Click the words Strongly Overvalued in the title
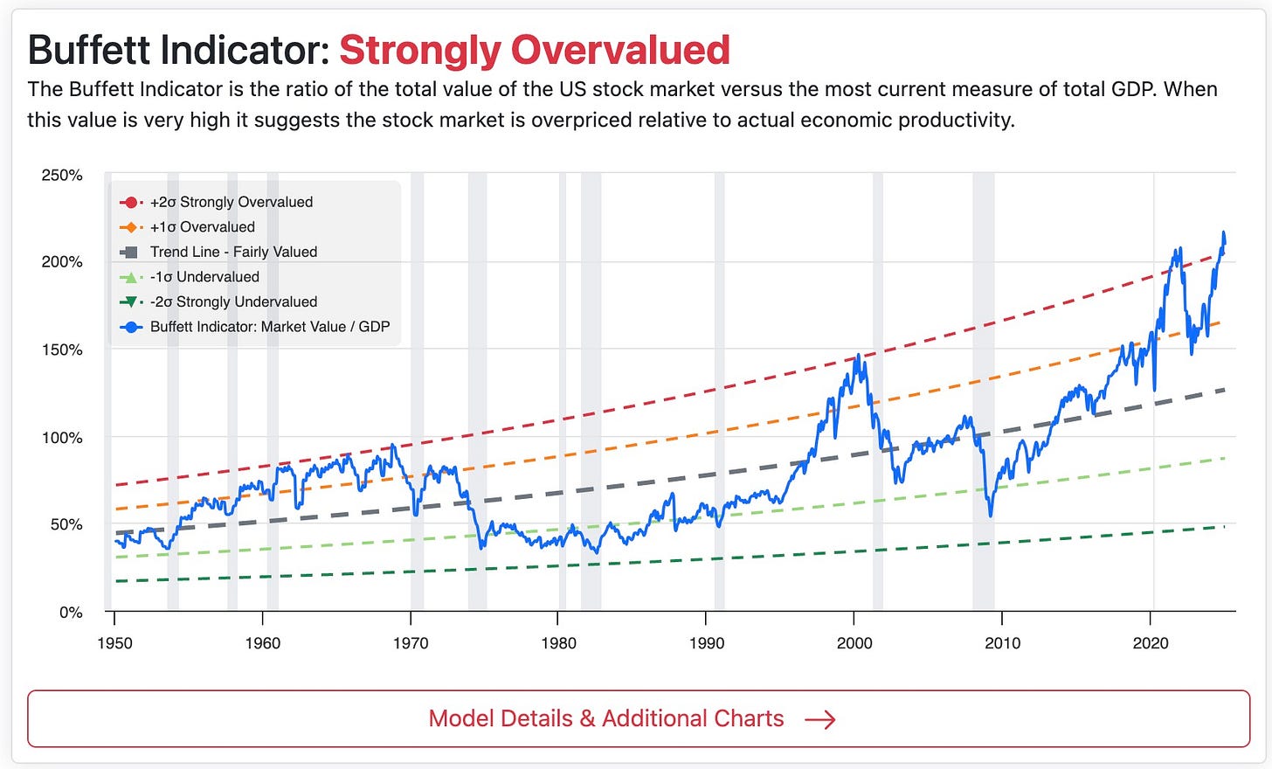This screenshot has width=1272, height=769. (x=534, y=50)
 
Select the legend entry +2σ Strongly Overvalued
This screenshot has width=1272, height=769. (x=231, y=202)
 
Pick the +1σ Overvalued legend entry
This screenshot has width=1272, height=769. (x=202, y=227)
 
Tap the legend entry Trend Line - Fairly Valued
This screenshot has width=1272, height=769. (x=233, y=252)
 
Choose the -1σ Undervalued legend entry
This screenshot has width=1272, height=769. (x=204, y=277)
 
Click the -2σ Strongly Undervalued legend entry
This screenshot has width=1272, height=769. (x=233, y=301)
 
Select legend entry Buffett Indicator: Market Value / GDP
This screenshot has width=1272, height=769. (x=269, y=327)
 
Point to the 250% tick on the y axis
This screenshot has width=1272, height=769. (x=62, y=175)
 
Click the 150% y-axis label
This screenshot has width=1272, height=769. (x=62, y=350)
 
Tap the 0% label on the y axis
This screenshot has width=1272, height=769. (x=71, y=612)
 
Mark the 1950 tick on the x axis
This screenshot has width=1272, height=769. (x=114, y=643)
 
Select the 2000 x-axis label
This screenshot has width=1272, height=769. (x=854, y=643)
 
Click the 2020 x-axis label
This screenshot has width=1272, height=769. (x=1151, y=643)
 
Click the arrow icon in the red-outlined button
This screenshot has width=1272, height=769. (x=819, y=719)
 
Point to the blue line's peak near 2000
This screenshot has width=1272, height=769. (x=858, y=355)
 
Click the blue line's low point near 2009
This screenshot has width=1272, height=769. (x=991, y=516)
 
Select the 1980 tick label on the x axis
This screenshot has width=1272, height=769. (x=558, y=643)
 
